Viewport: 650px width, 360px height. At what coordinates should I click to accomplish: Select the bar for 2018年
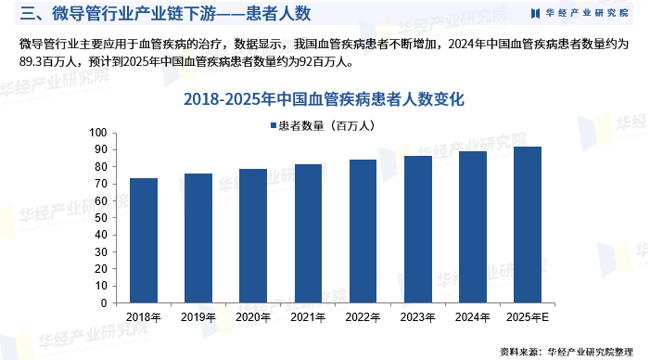click(x=143, y=240)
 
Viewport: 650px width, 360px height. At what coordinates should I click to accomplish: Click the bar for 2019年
click(x=198, y=238)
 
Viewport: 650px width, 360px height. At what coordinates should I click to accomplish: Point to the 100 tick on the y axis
click(x=100, y=133)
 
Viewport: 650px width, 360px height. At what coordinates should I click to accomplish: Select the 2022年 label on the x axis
click(x=363, y=317)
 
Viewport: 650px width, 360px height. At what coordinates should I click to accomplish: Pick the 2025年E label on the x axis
click(x=527, y=317)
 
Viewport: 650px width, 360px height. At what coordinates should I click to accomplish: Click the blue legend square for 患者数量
click(x=273, y=125)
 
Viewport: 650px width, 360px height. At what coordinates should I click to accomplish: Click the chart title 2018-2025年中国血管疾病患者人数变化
click(x=324, y=98)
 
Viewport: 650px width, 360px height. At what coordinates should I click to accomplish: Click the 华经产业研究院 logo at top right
click(x=579, y=13)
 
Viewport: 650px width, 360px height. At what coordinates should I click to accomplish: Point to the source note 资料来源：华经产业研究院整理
click(x=566, y=352)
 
